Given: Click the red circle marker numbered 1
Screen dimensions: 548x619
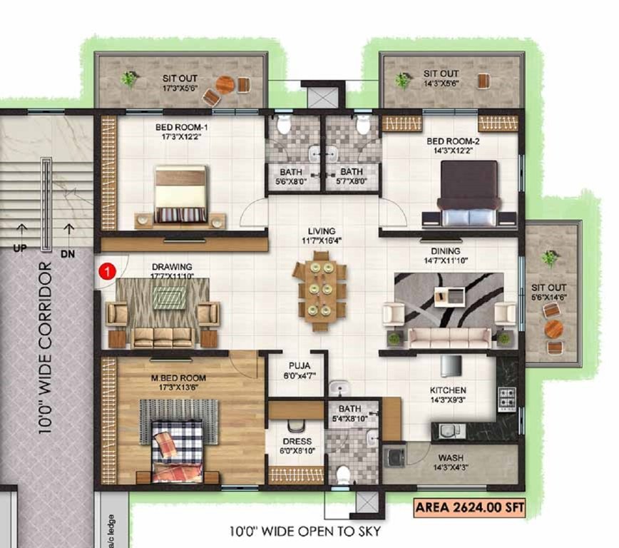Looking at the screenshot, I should coord(106,271).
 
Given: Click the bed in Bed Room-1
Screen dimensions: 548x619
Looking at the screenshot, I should coord(180,196).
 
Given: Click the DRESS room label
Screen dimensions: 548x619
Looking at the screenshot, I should coord(298,442).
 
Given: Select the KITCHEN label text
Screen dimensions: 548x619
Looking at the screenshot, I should coord(448,390).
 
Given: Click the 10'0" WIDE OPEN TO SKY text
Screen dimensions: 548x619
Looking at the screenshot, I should coord(305,532).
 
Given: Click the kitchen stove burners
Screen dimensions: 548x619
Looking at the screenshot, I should coord(507,400).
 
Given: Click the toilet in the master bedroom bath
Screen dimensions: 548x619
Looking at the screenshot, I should coord(343,474).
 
